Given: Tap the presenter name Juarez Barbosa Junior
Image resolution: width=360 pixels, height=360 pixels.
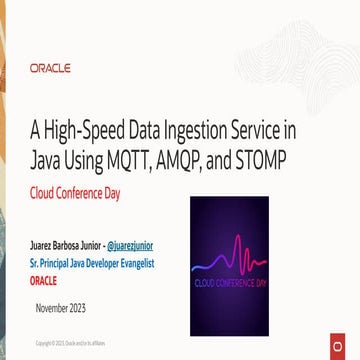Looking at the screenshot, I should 66,243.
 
